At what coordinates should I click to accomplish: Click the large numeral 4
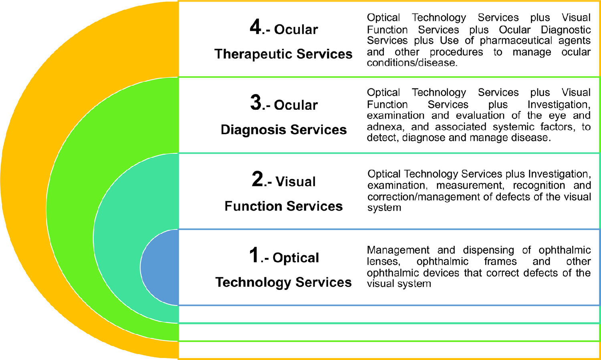click(x=255, y=28)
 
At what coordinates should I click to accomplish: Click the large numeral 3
click(x=256, y=103)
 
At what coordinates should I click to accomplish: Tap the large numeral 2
click(x=257, y=179)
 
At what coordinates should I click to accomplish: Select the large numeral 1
click(x=254, y=255)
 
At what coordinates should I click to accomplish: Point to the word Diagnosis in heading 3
click(x=253, y=130)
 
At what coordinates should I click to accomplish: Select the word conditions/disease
click(x=412, y=63)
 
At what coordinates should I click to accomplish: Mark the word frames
click(x=500, y=261)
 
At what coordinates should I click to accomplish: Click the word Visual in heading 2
click(x=295, y=182)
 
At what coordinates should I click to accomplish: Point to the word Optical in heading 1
click(x=296, y=258)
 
